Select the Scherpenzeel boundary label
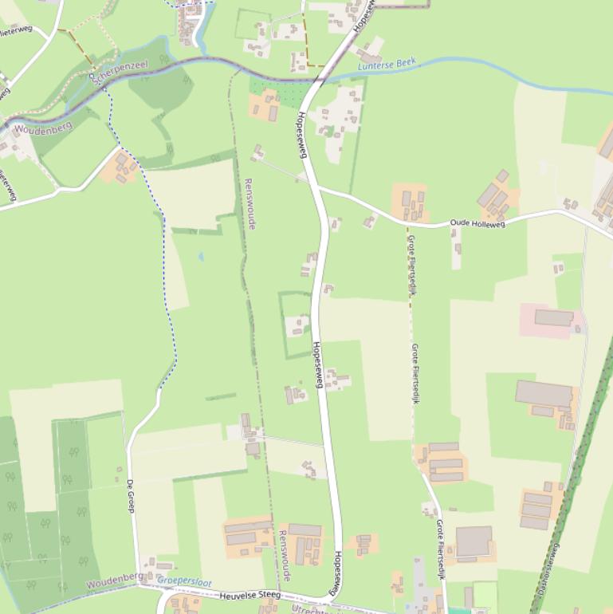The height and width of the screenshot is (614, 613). click(120, 73)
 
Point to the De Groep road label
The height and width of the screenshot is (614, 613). click(131, 495)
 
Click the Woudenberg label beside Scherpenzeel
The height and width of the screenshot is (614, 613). click(43, 128)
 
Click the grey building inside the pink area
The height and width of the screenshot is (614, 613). click(554, 318)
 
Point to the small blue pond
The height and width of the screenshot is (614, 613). click(201, 257)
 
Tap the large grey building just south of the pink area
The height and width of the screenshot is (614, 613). click(544, 393)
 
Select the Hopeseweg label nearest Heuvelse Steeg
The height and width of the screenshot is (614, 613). click(338, 573)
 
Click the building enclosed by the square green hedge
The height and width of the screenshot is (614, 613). click(297, 325)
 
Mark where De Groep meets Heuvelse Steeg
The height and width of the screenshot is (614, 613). click(137, 584)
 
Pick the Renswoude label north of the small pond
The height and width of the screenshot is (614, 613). click(250, 203)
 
